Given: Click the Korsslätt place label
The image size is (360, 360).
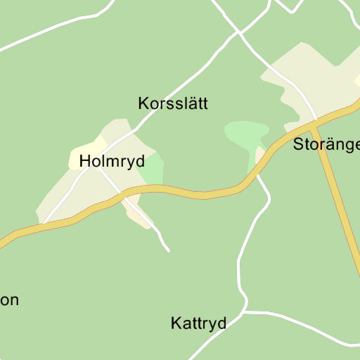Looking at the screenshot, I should click(x=173, y=104).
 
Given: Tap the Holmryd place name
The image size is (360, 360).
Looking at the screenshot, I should click(x=112, y=161).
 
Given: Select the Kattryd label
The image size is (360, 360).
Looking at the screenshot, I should click(x=198, y=323).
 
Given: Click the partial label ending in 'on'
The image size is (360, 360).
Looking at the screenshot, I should click(x=9, y=300).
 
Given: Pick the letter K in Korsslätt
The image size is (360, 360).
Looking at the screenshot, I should click(x=143, y=104).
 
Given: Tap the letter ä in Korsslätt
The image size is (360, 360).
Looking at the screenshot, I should click(x=191, y=104).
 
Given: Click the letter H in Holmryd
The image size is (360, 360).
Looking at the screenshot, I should click(x=85, y=161).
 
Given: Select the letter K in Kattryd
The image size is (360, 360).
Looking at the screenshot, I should click(x=176, y=323).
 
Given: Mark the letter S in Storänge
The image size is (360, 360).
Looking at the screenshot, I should click(x=298, y=145).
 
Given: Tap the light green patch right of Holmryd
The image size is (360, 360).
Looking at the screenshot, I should click(x=154, y=169).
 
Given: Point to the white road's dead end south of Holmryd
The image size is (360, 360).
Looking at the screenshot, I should click(x=168, y=250).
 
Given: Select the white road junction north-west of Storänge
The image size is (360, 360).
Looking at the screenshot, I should click(x=239, y=32).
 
